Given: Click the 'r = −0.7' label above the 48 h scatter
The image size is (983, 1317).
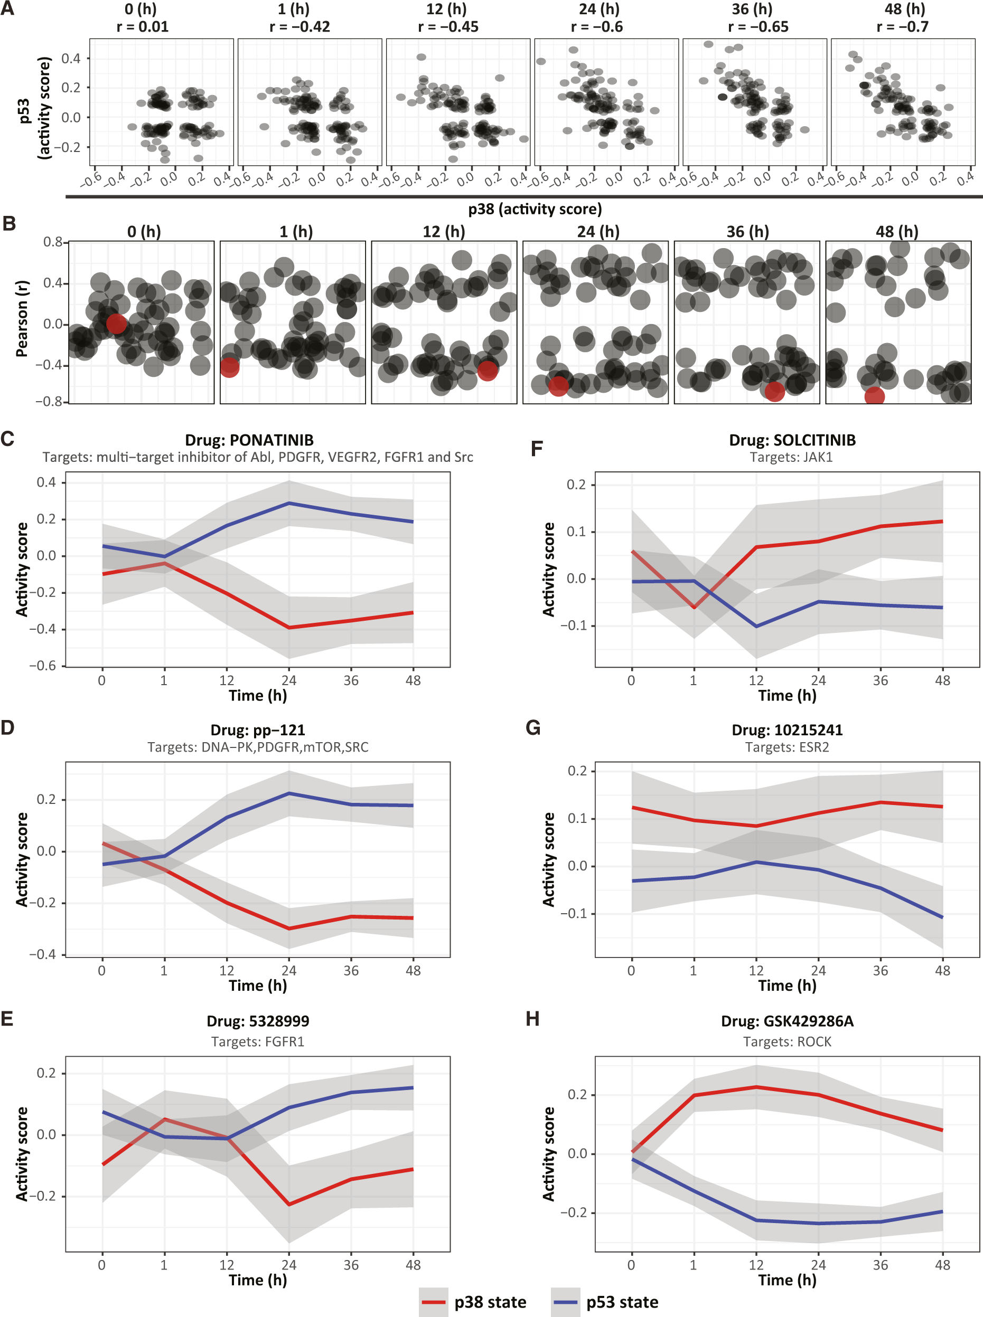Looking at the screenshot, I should click(902, 27).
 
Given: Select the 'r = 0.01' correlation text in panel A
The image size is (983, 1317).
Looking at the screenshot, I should click(142, 27).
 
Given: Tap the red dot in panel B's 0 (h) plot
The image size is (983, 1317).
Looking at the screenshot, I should click(116, 324).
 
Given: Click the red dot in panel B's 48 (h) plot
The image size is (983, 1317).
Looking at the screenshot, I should click(874, 395).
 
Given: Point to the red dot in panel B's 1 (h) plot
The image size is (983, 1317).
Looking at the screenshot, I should click(229, 367).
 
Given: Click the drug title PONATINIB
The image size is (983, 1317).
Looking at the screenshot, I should click(249, 440).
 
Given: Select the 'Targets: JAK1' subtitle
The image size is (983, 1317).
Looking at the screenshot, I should click(791, 457).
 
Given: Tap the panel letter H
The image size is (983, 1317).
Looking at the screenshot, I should click(532, 1019).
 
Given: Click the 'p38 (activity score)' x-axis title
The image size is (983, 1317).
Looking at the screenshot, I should click(535, 209).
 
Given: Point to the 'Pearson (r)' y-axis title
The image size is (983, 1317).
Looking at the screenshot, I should click(22, 318).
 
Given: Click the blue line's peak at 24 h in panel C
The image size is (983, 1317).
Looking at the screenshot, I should click(289, 503).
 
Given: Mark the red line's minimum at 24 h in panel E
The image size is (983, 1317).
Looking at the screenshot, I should click(289, 1204).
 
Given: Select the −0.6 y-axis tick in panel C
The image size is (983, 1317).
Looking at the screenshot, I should click(45, 666).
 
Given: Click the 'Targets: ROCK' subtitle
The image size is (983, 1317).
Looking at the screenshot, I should click(787, 1041).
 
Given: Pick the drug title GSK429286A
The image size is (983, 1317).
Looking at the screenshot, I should click(787, 1021).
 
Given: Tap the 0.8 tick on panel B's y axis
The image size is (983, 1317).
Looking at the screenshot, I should click(52, 242).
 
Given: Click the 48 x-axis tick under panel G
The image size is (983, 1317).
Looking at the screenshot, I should click(942, 971).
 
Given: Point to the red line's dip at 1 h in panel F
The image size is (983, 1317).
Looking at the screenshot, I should click(694, 607).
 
